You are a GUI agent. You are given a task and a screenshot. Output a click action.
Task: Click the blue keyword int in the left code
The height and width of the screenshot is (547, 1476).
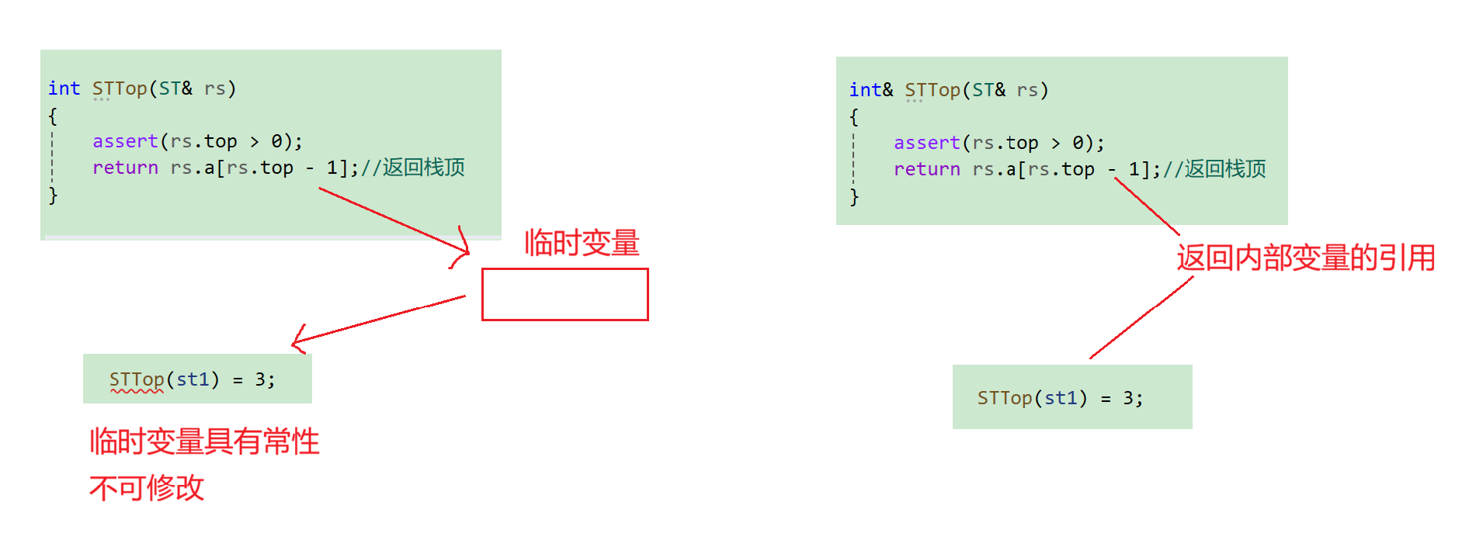(x=64, y=88)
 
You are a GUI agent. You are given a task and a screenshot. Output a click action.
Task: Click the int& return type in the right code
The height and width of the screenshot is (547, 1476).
(x=870, y=90)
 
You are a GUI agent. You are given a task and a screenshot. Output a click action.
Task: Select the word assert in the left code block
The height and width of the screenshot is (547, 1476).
(x=125, y=141)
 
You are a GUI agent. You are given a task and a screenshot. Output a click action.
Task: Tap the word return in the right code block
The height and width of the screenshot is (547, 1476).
(x=926, y=169)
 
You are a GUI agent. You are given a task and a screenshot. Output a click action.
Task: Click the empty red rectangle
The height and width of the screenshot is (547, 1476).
(x=564, y=295)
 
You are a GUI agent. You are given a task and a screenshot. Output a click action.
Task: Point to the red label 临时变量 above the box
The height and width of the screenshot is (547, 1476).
(x=582, y=243)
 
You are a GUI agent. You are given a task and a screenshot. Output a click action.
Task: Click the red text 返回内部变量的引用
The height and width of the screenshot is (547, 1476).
(x=1305, y=258)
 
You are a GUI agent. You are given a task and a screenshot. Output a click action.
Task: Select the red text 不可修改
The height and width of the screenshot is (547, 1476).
(x=147, y=488)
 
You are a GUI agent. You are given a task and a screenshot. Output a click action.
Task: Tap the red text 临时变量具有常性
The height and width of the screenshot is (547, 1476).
(x=204, y=441)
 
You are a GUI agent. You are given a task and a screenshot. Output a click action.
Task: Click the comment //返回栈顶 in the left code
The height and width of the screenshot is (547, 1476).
(x=412, y=168)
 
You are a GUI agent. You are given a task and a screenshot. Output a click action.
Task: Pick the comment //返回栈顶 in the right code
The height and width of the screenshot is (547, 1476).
(x=1214, y=169)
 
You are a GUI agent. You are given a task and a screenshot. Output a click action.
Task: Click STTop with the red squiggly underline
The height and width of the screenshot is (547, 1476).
(x=137, y=379)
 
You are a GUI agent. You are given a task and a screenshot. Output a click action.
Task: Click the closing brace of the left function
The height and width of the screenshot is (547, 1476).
(x=53, y=196)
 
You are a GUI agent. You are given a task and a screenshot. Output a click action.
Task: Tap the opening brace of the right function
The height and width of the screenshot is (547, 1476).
(x=854, y=117)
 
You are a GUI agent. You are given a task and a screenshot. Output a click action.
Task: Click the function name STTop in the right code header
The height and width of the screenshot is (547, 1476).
(x=932, y=90)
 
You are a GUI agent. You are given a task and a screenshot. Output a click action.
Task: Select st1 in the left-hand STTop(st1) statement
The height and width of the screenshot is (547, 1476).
(x=193, y=379)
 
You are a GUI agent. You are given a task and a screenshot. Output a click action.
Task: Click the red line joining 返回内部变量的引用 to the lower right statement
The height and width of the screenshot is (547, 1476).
(x=1141, y=317)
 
